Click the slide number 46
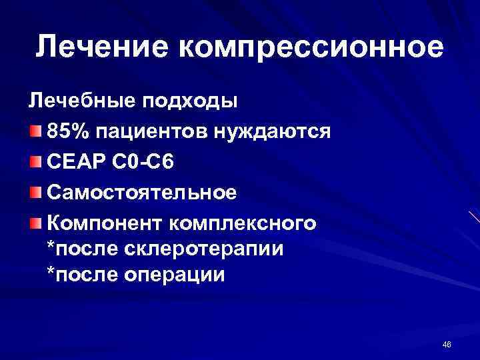pyautogui.click(x=447, y=344)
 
